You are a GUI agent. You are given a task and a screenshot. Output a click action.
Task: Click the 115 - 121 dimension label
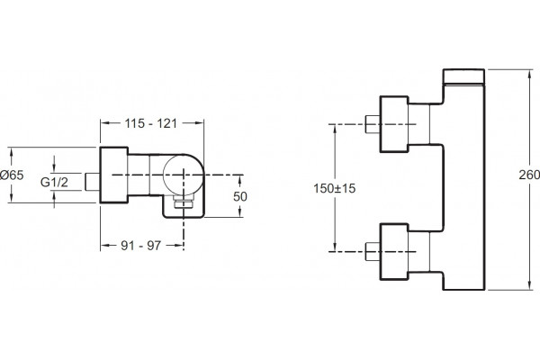pos(151,123)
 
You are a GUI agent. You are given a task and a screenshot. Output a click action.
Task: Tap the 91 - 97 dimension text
pos(141,246)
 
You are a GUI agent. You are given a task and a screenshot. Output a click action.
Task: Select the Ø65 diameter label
pos(12,175)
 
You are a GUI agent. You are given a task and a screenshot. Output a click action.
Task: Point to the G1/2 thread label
pos(54,182)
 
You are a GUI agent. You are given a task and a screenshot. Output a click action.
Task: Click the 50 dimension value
pos(240,197)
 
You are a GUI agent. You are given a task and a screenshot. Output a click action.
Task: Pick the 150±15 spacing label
pos(335,188)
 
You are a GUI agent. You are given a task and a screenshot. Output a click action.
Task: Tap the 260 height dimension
pos(529,175)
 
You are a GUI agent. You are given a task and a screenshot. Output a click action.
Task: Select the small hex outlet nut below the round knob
pos(184,202)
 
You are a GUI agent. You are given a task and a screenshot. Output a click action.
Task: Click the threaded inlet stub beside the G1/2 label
pos(93,182)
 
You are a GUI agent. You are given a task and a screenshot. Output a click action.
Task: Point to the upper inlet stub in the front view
pos(373,124)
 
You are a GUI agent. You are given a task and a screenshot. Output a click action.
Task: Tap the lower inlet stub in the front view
pos(373,251)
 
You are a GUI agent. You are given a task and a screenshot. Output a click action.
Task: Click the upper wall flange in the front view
pos(394,124)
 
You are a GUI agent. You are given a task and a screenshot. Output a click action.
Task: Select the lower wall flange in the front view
pos(394,252)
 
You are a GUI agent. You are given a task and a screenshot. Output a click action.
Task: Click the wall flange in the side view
pos(114,175)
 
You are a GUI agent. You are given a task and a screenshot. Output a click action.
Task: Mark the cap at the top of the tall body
pos(463,76)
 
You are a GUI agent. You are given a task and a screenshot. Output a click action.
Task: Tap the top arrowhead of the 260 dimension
pos(529,74)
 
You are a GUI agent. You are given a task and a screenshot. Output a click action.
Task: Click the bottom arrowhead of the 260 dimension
pos(529,285)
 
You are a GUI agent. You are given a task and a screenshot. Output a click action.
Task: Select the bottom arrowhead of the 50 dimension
pos(240,212)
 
